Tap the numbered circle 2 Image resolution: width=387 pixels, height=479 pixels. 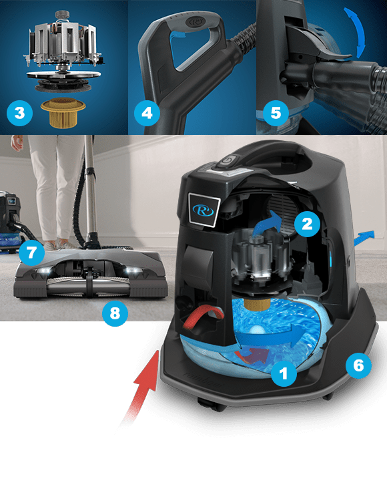(x=307, y=224)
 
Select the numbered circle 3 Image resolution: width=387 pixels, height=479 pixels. (x=19, y=112)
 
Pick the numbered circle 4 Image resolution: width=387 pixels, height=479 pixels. (x=147, y=112)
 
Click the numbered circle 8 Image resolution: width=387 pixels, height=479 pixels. (x=114, y=314)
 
